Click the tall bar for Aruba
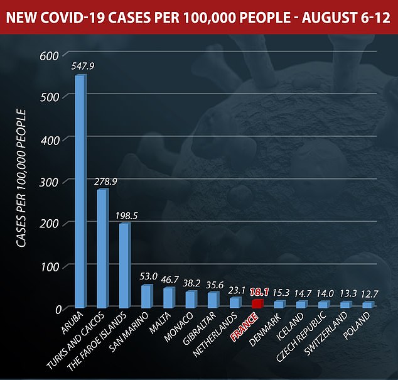[80, 192]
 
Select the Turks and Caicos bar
[102, 248]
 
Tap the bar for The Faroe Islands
[124, 266]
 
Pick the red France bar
[257, 303]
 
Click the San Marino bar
[146, 296]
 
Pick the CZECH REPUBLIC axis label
[301, 340]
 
